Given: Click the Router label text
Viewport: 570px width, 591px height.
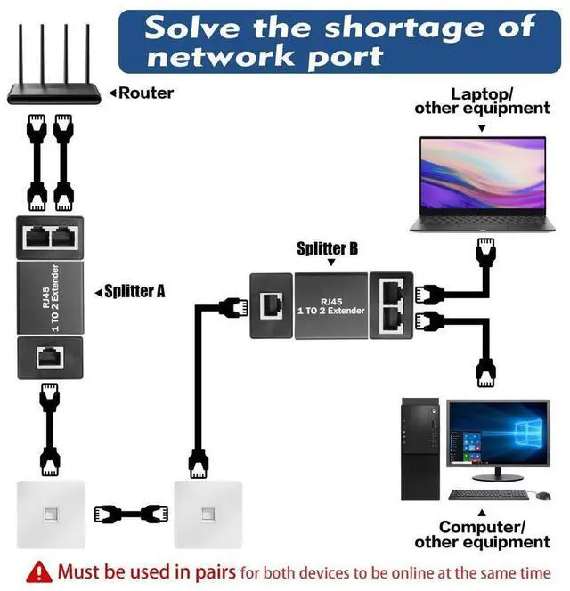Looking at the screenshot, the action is coord(146,92).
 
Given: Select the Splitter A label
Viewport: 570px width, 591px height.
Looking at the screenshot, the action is coord(134,291).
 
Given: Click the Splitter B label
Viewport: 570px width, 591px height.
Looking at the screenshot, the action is coord(327,250).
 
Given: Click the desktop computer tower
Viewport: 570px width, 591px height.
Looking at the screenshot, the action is coord(419,450).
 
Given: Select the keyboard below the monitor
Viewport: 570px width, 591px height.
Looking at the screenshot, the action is coord(487,494).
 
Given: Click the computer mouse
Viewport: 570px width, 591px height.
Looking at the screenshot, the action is coord(533,495).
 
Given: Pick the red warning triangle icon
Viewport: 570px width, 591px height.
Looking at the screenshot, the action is coord(39,571).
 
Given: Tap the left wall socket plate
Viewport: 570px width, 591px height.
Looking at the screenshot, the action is coord(51,515).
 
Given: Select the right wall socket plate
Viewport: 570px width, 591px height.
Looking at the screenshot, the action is coord(208,515).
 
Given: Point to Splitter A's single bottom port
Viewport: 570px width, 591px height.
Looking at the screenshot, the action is coord(50,358).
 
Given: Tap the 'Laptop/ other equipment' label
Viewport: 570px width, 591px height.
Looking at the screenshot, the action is coord(482,100).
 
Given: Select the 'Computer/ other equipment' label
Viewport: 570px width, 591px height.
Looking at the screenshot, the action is coord(482,534).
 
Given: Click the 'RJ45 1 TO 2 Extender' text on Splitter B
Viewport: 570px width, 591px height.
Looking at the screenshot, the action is coord(330,304).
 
